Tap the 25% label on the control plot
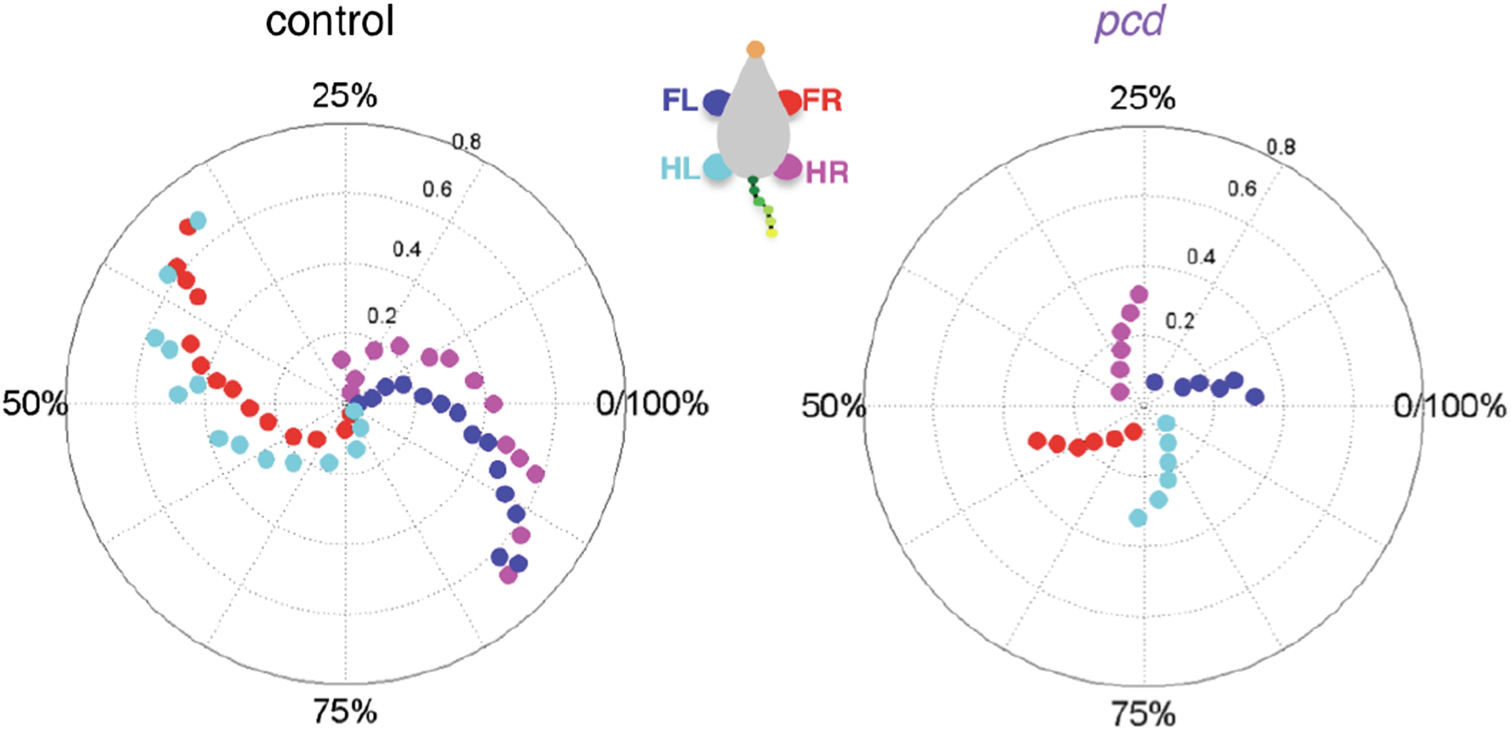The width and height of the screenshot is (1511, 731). click(x=344, y=96)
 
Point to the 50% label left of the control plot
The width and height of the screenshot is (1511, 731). click(x=35, y=404)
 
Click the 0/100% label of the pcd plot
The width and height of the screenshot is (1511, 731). click(x=1449, y=405)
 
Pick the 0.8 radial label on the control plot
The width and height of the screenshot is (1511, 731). click(x=467, y=142)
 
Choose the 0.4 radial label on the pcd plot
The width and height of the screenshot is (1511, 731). click(x=1200, y=257)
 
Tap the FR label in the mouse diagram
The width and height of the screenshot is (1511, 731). click(x=822, y=100)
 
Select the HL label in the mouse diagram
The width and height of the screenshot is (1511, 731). click(x=679, y=169)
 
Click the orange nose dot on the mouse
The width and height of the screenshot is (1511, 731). click(x=755, y=49)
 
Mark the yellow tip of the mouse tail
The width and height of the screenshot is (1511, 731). click(x=772, y=233)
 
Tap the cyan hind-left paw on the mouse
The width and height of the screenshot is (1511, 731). click(x=717, y=166)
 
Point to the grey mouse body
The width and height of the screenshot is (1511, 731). click(x=754, y=129)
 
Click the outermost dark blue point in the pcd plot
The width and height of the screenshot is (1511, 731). click(x=1255, y=397)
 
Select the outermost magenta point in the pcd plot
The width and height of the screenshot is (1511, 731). click(x=1139, y=295)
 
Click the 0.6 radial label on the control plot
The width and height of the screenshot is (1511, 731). click(x=437, y=189)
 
